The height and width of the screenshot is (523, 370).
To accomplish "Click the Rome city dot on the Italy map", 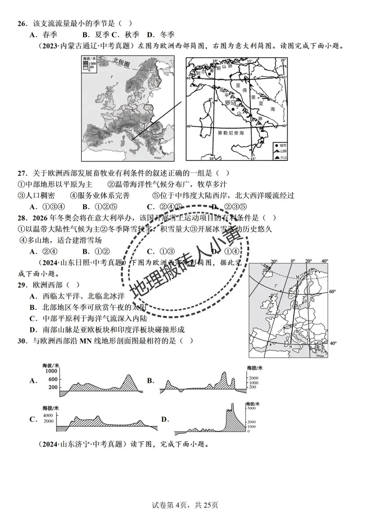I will pos(233,109).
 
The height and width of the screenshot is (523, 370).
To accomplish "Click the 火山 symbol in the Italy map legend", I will pos(277,157).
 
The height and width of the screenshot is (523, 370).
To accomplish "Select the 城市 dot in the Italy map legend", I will pos(276,146).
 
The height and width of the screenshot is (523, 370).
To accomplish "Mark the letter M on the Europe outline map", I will pos(297,276).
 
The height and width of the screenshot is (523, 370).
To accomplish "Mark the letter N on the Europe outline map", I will pos(291,347).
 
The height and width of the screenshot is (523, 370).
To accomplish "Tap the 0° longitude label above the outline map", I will pos(293,261).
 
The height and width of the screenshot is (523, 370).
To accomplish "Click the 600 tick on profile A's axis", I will pos(53,379).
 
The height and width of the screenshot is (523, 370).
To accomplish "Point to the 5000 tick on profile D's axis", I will pos(251,408).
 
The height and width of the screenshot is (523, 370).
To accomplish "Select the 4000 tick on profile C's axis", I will pos(48,415).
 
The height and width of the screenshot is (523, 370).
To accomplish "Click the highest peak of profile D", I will pos(233,404).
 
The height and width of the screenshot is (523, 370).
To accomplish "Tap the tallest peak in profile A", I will pos(128,376).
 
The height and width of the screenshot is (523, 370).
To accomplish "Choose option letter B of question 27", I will pos(86,207).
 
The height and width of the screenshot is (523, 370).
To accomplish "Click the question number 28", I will pos(22,218).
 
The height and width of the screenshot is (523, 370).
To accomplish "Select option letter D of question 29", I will pos(33,329).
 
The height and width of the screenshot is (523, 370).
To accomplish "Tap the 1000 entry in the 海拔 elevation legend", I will pos(92,64).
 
